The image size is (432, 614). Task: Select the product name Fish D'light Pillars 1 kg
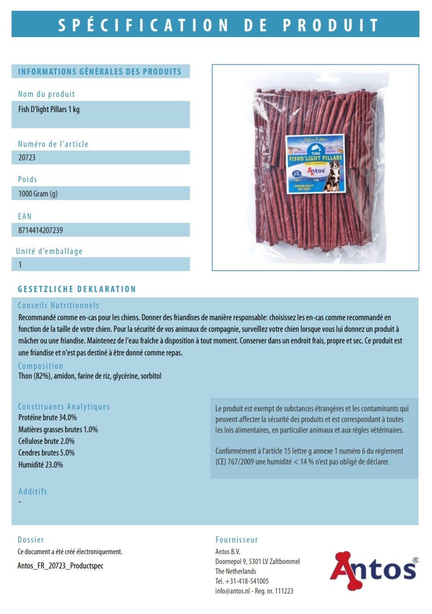pos(49,109)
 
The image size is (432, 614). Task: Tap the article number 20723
pos(27,158)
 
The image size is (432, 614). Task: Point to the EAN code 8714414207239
pos(41,230)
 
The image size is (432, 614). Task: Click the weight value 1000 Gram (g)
pos(38,194)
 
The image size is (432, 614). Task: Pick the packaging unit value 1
pos(20,265)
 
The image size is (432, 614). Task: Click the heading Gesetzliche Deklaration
pos(77,289)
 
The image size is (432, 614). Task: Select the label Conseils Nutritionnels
pos(59,305)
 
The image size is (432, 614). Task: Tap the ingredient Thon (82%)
pos(34,376)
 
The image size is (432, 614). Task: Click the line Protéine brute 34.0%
pos(47,418)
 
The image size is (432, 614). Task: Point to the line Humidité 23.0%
pos(41,465)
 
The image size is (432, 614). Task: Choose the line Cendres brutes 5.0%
pos(47,453)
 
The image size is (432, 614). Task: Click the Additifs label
pos(33,492)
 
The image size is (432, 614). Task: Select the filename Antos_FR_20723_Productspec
pos(60,566)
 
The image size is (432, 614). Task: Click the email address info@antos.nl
pos(232,591)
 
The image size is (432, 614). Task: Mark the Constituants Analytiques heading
pos(64,407)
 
